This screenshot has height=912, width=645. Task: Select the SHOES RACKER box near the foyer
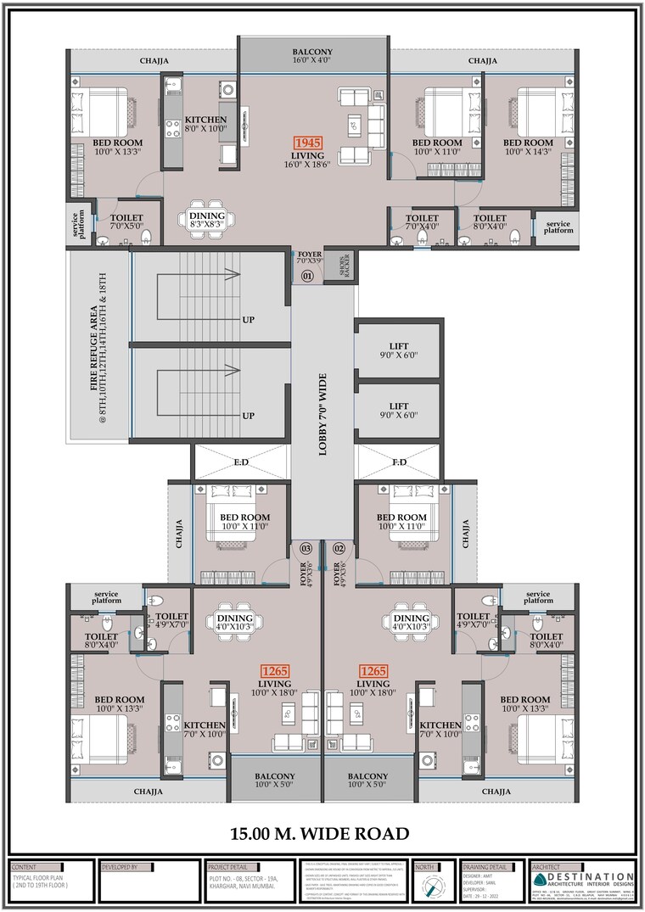(x=344, y=266)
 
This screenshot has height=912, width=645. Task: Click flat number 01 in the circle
(x=307, y=277)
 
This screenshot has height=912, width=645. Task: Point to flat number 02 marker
(x=339, y=549)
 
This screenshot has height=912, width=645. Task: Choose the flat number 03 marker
(x=306, y=549)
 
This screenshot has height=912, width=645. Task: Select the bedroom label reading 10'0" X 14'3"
(x=528, y=148)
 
